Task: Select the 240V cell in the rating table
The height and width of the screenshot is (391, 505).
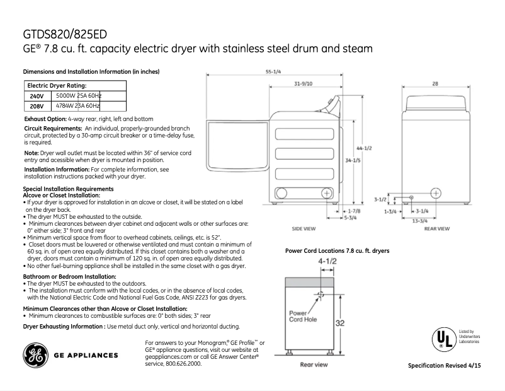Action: pos(37,96)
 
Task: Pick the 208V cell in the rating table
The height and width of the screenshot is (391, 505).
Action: pos(37,107)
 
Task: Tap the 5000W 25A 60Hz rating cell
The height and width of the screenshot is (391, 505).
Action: pos(78,95)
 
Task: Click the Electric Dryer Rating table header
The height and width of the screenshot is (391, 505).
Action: pos(57,85)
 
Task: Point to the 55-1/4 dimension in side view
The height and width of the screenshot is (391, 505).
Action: pos(273,72)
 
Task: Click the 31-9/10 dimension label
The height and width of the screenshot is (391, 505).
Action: pos(304,84)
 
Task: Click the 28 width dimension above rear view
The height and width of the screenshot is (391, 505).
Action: pos(435,84)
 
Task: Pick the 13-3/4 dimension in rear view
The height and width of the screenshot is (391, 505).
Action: pos(420,221)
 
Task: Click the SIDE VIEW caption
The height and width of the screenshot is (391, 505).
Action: pos(304,228)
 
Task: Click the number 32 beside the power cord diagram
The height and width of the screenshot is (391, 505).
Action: pos(339,322)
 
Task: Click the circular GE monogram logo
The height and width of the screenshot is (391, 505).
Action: pos(35,355)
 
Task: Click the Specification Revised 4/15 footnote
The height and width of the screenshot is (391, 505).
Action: pos(448,366)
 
